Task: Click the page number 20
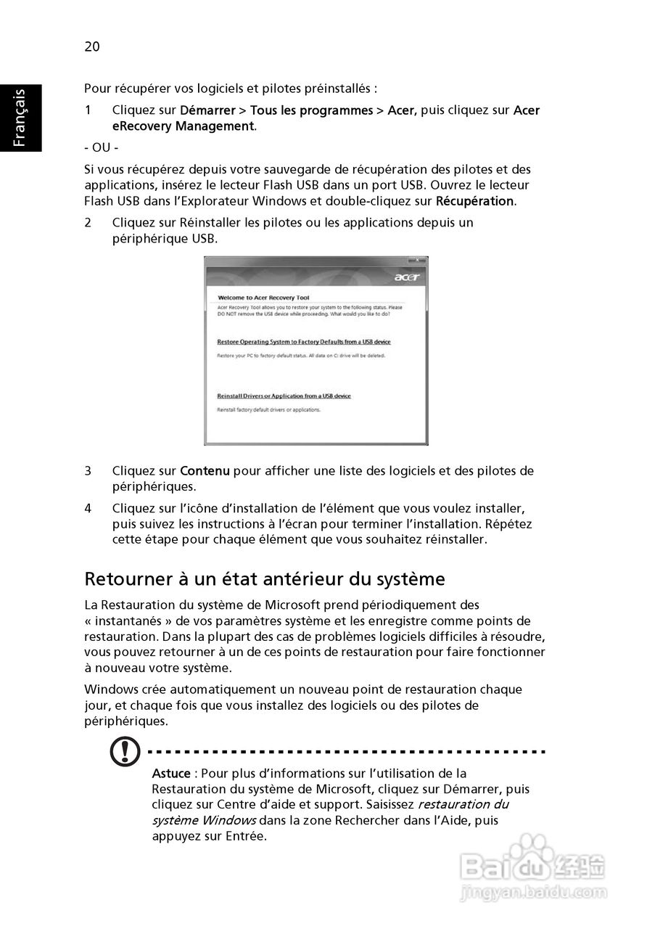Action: pyautogui.click(x=92, y=47)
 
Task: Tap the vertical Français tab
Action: pyautogui.click(x=20, y=118)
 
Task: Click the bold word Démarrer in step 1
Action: pyautogui.click(x=207, y=110)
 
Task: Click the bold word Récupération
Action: pyautogui.click(x=474, y=201)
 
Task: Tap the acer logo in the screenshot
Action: pyautogui.click(x=407, y=277)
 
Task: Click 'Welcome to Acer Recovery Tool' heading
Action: pyautogui.click(x=263, y=298)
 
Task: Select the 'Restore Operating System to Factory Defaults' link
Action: pyautogui.click(x=304, y=341)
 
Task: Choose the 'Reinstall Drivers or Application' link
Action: pyautogui.click(x=284, y=396)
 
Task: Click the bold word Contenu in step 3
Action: pyautogui.click(x=205, y=471)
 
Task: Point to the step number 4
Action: pyautogui.click(x=88, y=508)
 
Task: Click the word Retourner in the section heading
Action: pyautogui.click(x=124, y=579)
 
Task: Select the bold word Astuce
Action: pyautogui.click(x=171, y=774)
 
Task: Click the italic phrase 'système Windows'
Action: pyautogui.click(x=204, y=820)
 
